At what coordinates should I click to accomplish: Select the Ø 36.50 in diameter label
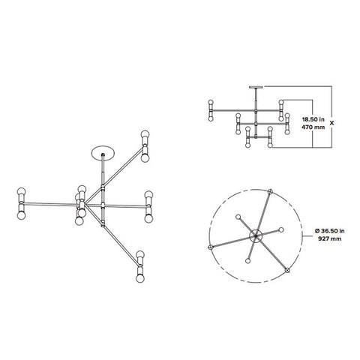coord(327,227)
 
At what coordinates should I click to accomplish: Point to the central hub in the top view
coord(256,236)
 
